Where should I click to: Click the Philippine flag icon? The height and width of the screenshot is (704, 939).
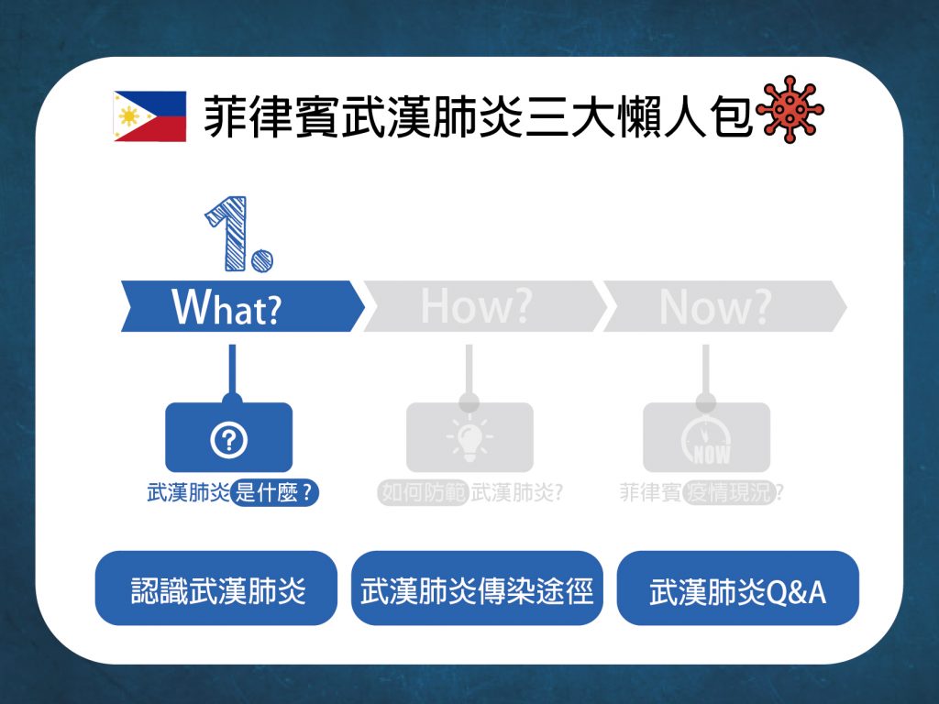149,116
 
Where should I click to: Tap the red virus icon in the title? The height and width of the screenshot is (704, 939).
790,109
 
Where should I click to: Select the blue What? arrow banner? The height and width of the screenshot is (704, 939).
242,306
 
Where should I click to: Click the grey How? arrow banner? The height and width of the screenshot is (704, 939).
485,306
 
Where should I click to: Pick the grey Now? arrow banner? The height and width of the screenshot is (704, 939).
725,306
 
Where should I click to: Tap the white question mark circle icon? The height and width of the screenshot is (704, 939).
228,440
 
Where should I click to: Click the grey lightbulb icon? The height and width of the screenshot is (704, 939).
469,437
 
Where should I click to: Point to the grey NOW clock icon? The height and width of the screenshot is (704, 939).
706,440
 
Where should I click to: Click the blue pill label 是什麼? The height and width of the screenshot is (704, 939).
274,493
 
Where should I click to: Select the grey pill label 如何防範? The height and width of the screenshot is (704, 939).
423,493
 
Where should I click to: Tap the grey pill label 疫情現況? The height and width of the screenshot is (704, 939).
729,493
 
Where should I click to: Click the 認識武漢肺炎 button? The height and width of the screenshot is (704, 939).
216,588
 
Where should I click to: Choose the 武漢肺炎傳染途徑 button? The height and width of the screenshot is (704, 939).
477,588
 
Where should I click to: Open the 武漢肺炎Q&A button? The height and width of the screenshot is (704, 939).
738,588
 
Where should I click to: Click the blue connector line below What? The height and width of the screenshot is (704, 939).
232,371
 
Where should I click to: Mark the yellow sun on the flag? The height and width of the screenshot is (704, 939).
128,115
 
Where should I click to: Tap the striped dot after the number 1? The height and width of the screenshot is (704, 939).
261,261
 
